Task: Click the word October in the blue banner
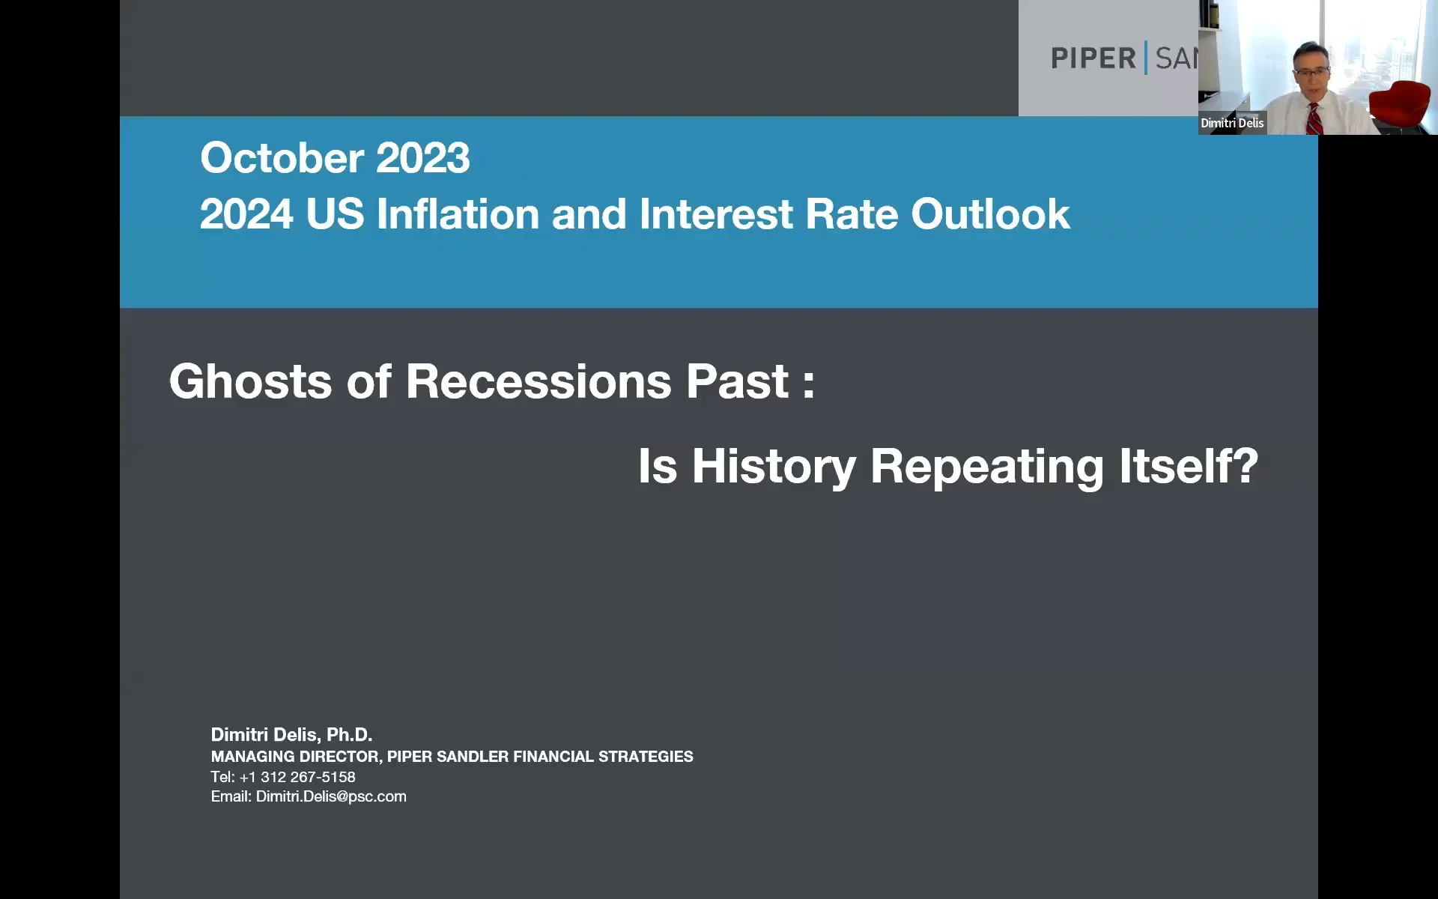(x=282, y=158)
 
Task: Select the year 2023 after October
(x=422, y=158)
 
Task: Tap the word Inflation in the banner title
(x=458, y=214)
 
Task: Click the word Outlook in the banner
(x=990, y=214)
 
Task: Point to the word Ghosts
(x=250, y=381)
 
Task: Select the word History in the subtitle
(x=773, y=466)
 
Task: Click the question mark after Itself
(x=1244, y=466)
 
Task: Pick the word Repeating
(x=986, y=466)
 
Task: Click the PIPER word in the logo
(x=1093, y=58)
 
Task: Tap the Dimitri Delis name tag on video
(x=1231, y=123)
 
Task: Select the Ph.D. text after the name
(x=349, y=735)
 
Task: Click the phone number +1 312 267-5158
(x=297, y=777)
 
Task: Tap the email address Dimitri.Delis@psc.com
(x=331, y=796)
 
